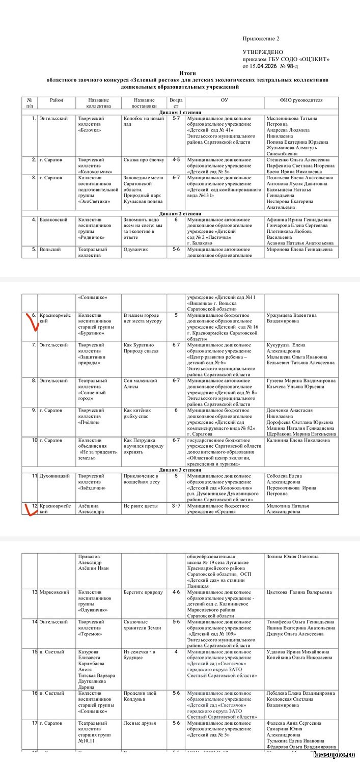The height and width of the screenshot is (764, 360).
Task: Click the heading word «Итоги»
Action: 187,73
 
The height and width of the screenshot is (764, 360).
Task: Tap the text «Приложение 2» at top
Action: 261,39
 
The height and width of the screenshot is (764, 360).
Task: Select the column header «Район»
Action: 57,100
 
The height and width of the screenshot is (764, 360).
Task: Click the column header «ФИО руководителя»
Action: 301,100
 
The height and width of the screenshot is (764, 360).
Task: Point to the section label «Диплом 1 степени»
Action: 180,112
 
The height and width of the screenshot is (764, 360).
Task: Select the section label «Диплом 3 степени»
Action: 180,469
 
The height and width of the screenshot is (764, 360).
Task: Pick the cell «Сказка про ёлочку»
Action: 144,160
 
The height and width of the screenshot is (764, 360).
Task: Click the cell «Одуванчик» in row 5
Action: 135,250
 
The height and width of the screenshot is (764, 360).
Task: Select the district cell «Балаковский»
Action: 54,220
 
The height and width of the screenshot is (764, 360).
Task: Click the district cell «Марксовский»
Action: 54,592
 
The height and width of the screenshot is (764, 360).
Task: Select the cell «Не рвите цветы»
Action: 141,506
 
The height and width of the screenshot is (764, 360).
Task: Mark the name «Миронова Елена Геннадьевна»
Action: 299,250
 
